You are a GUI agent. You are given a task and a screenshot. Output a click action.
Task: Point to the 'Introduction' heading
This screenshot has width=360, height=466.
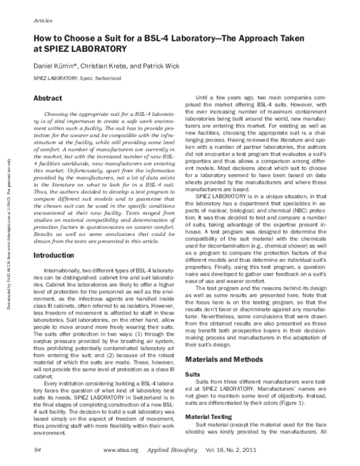tap(56, 255)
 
